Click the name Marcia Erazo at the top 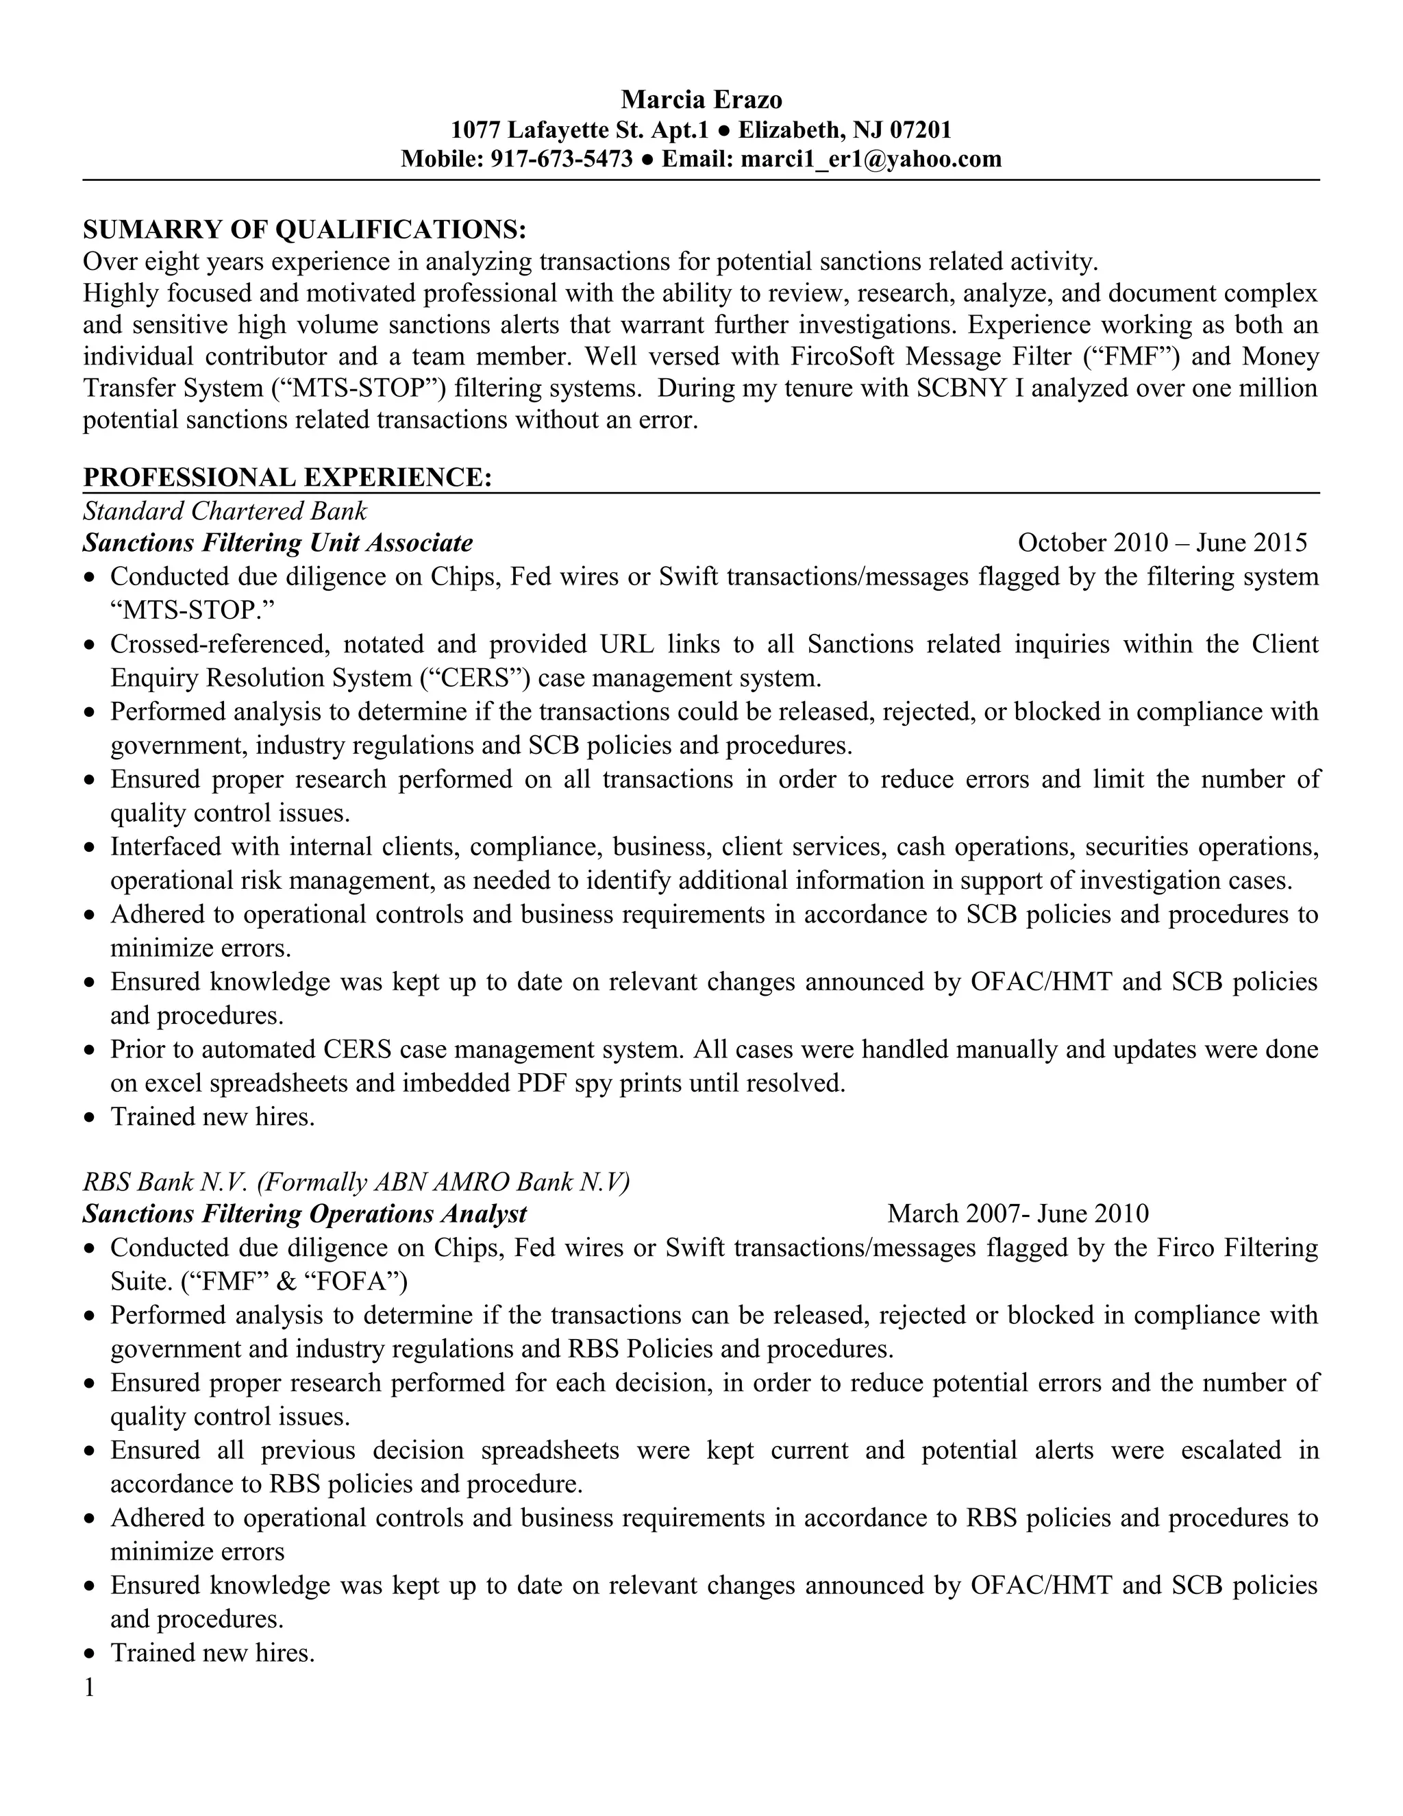click(701, 100)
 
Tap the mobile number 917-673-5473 click(562, 159)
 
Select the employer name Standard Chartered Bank click(225, 510)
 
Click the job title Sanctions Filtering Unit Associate click(277, 543)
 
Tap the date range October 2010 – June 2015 click(1162, 543)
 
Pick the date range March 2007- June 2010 click(1017, 1214)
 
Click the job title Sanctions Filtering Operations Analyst click(304, 1214)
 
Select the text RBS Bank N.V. click(166, 1181)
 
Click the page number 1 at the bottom click(89, 1687)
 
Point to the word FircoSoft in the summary click(843, 357)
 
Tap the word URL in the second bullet click(628, 644)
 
